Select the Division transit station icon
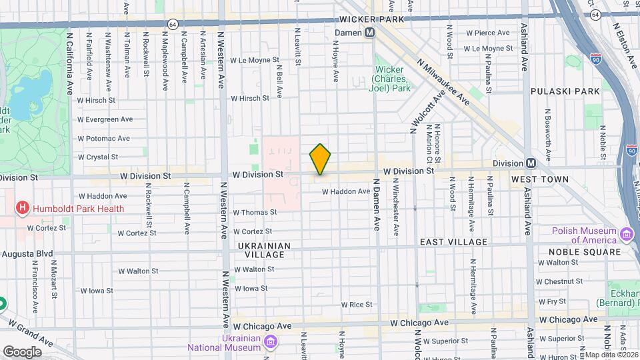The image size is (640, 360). [531, 163]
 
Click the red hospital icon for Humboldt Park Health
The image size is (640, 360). [23, 208]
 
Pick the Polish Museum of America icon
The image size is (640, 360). [626, 235]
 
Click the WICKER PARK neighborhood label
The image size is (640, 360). [371, 19]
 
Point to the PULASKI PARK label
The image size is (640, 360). [565, 91]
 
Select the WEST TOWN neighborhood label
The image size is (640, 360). [540, 179]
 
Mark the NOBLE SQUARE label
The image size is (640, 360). [584, 252]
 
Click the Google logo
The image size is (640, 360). [22, 351]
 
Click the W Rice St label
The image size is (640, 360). [356, 305]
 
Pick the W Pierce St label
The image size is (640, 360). [487, 33]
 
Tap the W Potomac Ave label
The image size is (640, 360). [103, 139]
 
